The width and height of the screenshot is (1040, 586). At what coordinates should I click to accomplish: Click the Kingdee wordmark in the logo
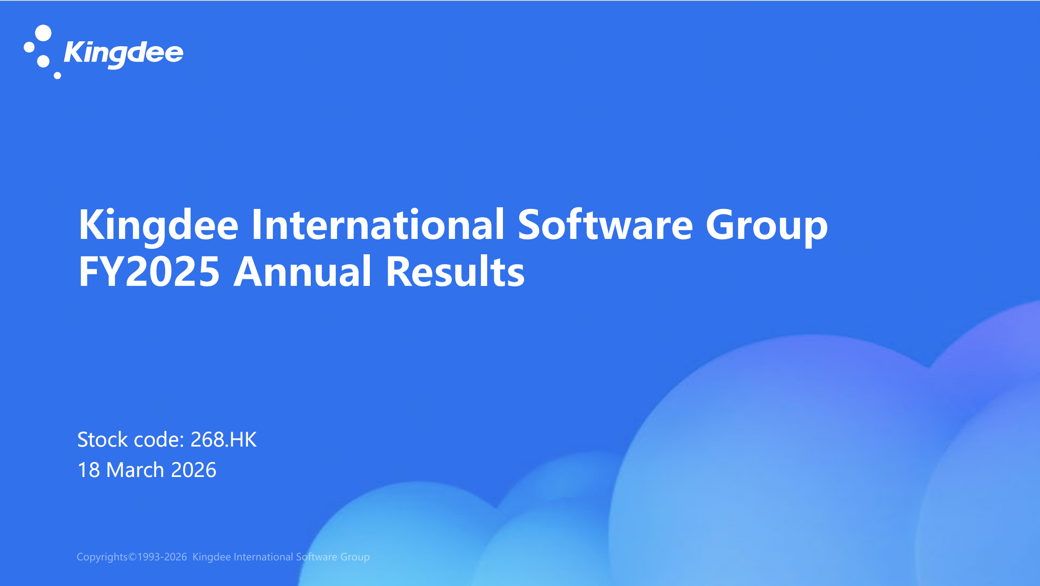[x=124, y=53]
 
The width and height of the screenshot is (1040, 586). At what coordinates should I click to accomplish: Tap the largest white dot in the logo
[x=43, y=33]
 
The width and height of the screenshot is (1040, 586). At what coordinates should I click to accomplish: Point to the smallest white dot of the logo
[x=57, y=75]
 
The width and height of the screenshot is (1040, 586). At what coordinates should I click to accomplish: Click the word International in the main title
[x=378, y=225]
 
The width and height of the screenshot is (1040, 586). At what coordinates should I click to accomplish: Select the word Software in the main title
[x=605, y=225]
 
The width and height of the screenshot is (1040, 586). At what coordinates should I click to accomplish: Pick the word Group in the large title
[x=766, y=226]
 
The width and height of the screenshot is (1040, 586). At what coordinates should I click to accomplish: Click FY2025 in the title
[x=149, y=272]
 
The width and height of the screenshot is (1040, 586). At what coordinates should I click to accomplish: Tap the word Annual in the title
[x=302, y=272]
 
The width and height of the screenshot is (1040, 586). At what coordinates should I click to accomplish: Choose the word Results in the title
[x=455, y=272]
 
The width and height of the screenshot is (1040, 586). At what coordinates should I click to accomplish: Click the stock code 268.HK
[x=223, y=439]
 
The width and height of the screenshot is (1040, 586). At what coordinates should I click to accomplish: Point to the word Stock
[x=102, y=439]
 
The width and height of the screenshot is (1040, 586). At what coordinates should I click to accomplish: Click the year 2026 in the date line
[x=193, y=470]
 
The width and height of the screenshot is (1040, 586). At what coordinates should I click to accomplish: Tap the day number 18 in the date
[x=89, y=470]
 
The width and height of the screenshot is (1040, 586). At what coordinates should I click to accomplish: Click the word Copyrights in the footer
[x=102, y=557]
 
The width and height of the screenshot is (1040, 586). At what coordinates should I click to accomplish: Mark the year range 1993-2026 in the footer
[x=162, y=557]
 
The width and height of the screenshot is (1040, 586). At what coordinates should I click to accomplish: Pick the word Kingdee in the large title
[x=158, y=226]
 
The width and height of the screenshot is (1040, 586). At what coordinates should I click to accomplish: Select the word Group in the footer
[x=355, y=557]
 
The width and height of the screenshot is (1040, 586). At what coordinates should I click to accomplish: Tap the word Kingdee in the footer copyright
[x=211, y=557]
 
